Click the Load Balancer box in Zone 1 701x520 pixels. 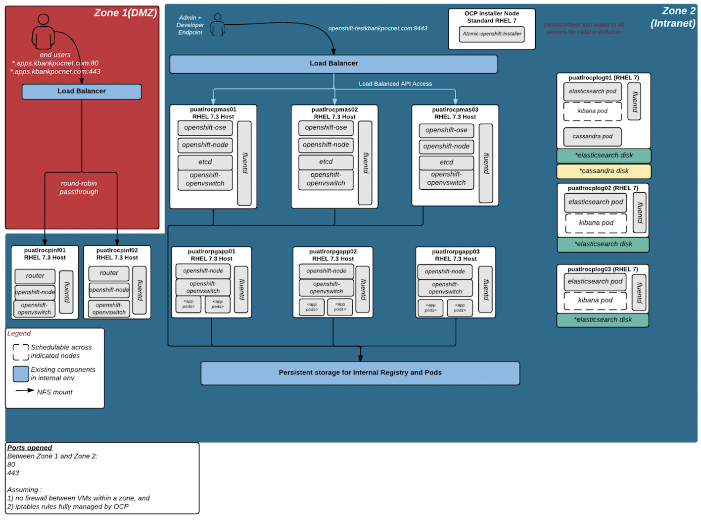click(82, 91)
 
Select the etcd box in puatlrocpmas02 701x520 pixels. click(326, 162)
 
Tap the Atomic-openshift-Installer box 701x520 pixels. click(492, 34)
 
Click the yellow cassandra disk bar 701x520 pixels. click(604, 171)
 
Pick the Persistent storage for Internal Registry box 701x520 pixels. click(360, 373)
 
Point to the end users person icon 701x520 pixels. click(43, 32)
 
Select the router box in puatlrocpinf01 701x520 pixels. click(35, 276)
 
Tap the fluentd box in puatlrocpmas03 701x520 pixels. click(486, 163)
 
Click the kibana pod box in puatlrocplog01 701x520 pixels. click(592, 111)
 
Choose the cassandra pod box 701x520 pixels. click(592, 137)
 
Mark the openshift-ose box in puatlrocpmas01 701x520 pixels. click(205, 128)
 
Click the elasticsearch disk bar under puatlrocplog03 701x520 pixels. click(603, 320)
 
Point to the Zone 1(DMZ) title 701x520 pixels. click(125, 13)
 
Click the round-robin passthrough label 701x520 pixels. click(79, 188)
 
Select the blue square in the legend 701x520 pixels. click(21, 374)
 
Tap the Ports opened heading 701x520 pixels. click(30, 448)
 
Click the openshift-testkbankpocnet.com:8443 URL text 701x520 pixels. click(377, 28)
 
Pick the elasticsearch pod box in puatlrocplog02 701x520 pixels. click(595, 202)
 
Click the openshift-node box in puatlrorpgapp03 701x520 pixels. click(444, 271)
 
